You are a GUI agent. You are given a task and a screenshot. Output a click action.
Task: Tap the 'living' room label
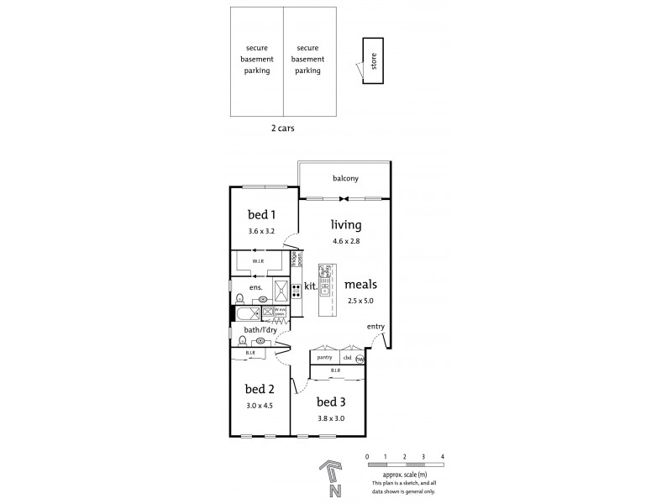click(x=345, y=225)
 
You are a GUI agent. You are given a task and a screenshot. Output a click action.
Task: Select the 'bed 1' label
click(x=260, y=215)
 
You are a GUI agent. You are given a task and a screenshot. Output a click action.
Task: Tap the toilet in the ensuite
click(x=239, y=297)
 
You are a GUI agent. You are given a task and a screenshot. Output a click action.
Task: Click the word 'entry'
click(x=375, y=326)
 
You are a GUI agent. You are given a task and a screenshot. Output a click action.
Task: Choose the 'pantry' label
click(x=324, y=359)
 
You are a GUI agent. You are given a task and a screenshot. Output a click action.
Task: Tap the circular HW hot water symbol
click(x=360, y=359)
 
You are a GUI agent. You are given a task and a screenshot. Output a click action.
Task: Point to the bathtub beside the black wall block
click(x=249, y=314)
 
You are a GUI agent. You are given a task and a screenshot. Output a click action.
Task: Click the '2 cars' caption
click(x=282, y=129)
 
